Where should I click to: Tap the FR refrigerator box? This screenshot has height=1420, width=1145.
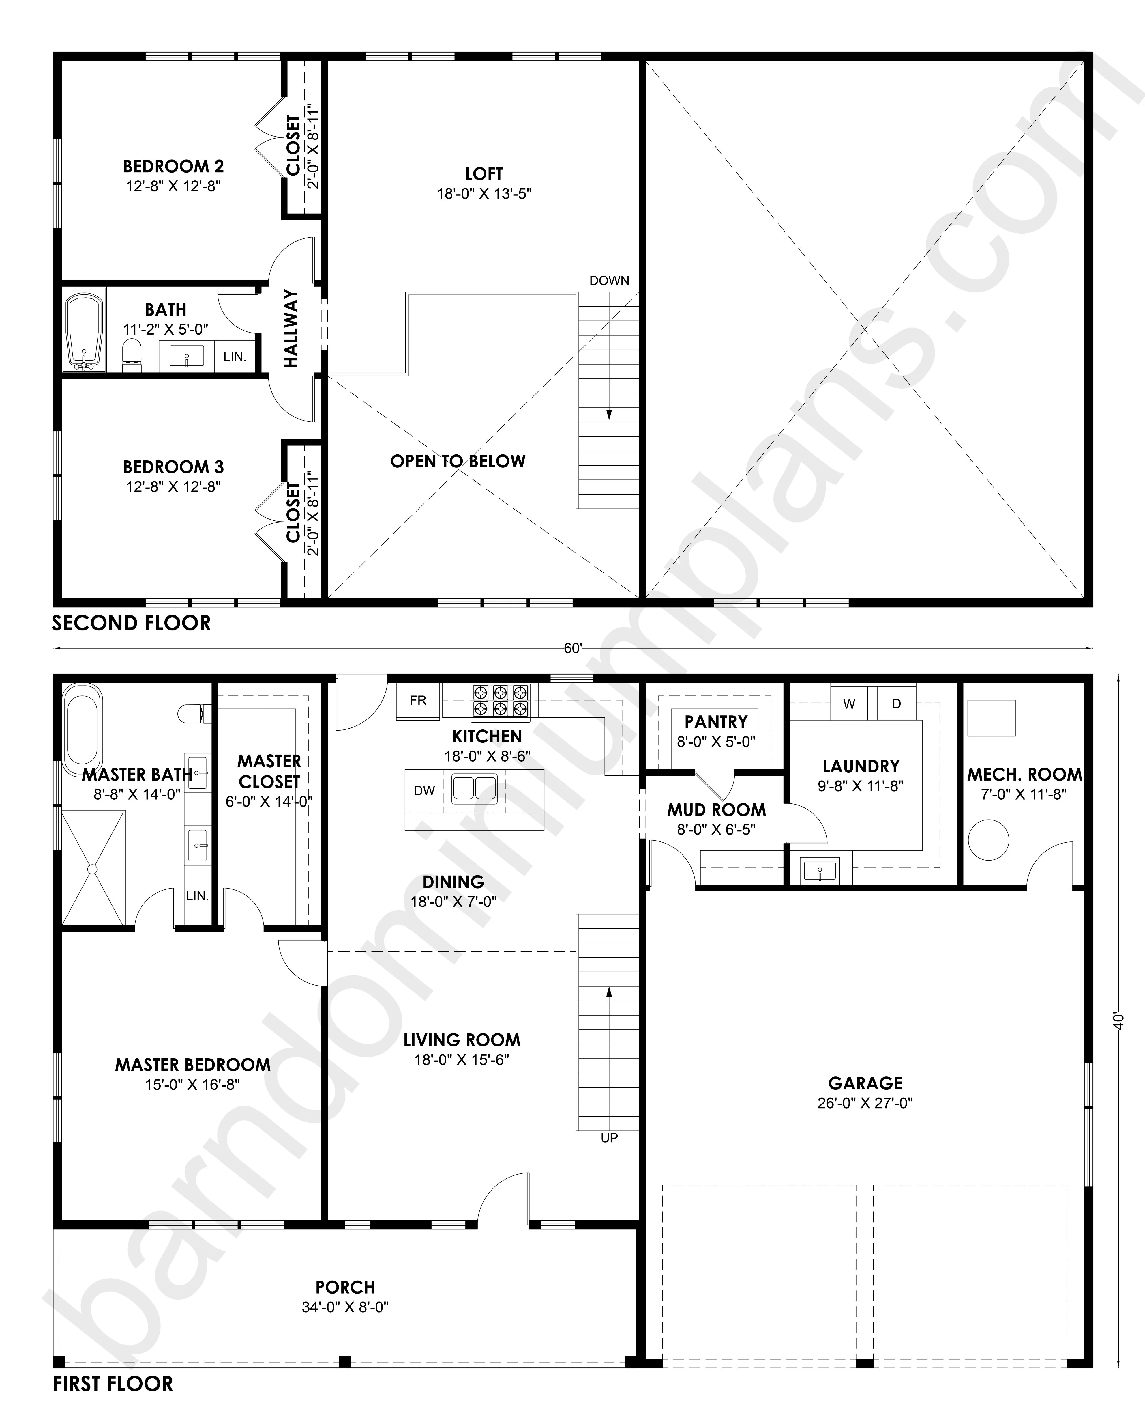(418, 701)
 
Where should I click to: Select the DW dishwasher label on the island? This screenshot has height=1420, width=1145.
(424, 790)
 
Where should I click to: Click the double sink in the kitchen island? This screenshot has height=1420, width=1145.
(474, 789)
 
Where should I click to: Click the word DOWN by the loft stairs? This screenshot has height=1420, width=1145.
(610, 280)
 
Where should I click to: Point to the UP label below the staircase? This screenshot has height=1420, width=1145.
(610, 1138)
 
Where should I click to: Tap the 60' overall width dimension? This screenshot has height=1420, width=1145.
(572, 649)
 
